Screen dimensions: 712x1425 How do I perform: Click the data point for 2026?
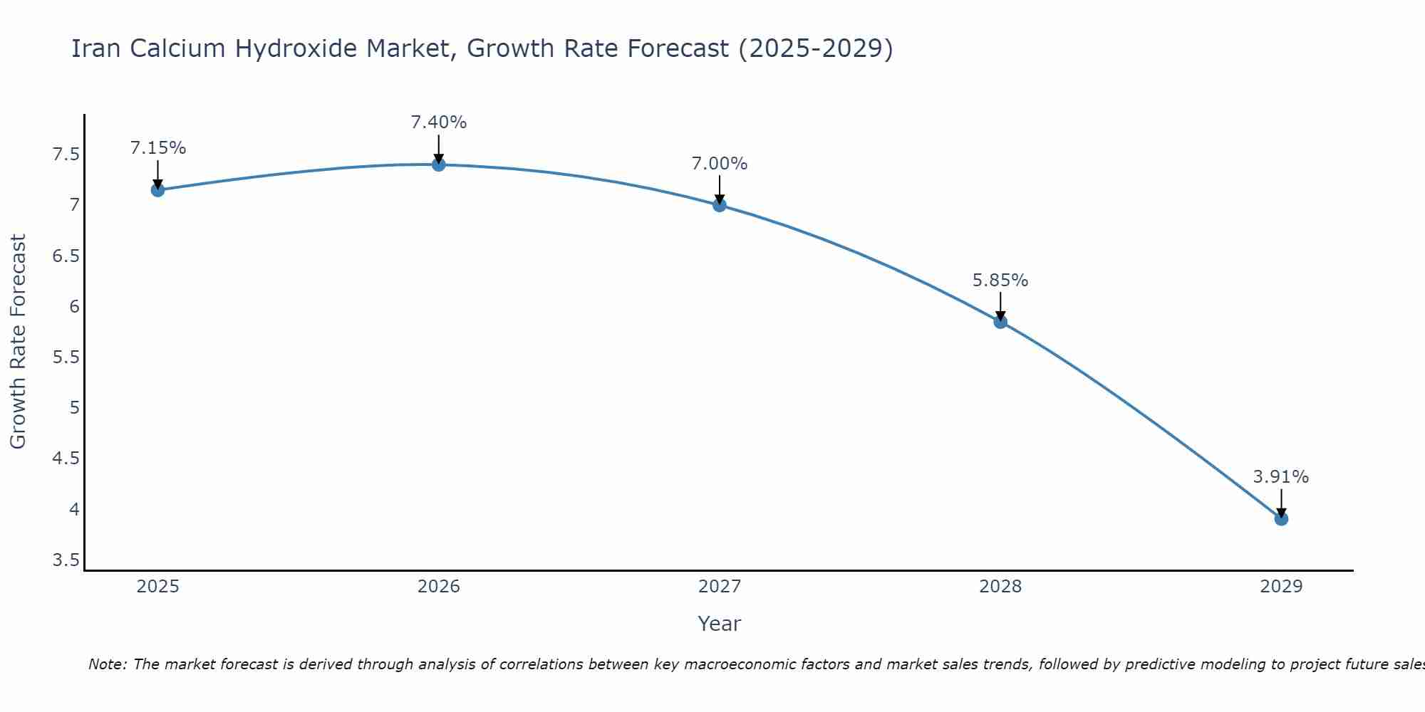coord(439,164)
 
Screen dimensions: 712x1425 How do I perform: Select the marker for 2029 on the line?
coord(1281,519)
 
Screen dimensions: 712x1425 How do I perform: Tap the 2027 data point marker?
coord(720,205)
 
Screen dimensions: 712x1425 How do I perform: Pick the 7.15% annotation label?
coord(158,148)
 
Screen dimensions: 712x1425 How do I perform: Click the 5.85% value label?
coord(1000,281)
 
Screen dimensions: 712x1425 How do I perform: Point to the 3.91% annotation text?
coord(1281,477)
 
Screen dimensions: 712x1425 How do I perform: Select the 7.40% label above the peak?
coord(439,122)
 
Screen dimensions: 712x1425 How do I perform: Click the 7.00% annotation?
coord(720,164)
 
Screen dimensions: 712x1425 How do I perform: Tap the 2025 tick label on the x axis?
coord(158,587)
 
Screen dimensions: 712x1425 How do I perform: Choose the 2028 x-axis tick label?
coord(1000,587)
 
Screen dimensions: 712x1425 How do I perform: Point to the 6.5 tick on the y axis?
coord(66,256)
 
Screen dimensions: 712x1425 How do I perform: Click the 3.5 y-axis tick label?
coord(66,560)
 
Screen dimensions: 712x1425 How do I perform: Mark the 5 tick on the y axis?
coord(74,408)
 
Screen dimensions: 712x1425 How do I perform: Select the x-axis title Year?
coord(720,624)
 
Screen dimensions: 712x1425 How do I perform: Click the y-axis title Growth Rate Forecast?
coord(19,342)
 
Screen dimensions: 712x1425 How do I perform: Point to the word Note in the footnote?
coord(107,664)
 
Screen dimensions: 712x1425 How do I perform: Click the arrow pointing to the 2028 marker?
coord(1000,306)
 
